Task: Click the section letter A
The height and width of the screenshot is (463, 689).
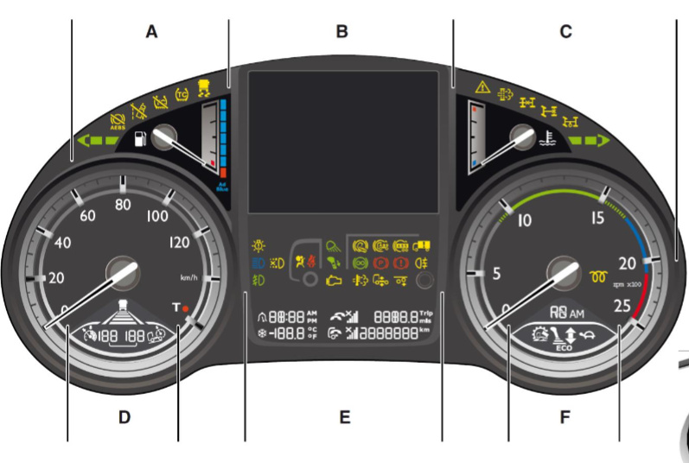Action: (x=152, y=32)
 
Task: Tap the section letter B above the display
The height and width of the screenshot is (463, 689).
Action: (x=341, y=32)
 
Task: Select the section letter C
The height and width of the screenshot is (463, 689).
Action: (x=565, y=32)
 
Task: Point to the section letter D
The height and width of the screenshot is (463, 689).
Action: (x=124, y=417)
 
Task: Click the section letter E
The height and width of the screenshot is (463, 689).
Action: (x=344, y=418)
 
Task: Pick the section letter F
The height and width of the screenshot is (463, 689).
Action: (x=565, y=418)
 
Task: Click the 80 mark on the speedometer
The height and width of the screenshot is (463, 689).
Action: (x=123, y=205)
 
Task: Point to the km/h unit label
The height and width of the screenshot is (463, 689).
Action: (x=188, y=278)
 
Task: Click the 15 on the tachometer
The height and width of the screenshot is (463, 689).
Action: (x=596, y=219)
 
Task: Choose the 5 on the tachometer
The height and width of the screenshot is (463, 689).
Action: (x=496, y=275)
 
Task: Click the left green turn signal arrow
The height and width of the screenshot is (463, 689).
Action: (x=97, y=139)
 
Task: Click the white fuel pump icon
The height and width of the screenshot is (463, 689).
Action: (x=139, y=138)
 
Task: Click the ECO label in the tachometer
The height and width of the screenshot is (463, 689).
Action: (x=563, y=352)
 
